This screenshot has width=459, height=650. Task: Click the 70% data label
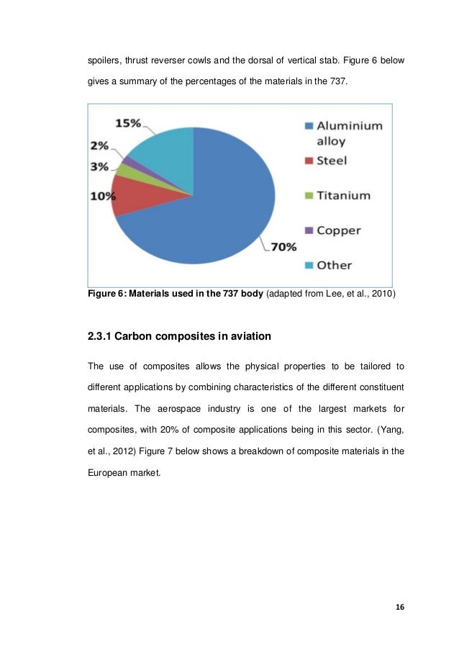283,247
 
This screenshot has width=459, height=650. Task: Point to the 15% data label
127,124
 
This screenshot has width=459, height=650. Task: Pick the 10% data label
102,195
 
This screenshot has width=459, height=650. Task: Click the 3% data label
99,166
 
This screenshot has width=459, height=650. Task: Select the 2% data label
99,146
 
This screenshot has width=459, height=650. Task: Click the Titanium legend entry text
344,195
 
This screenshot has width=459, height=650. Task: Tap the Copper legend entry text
339,230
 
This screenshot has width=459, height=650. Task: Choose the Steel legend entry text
332,160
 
